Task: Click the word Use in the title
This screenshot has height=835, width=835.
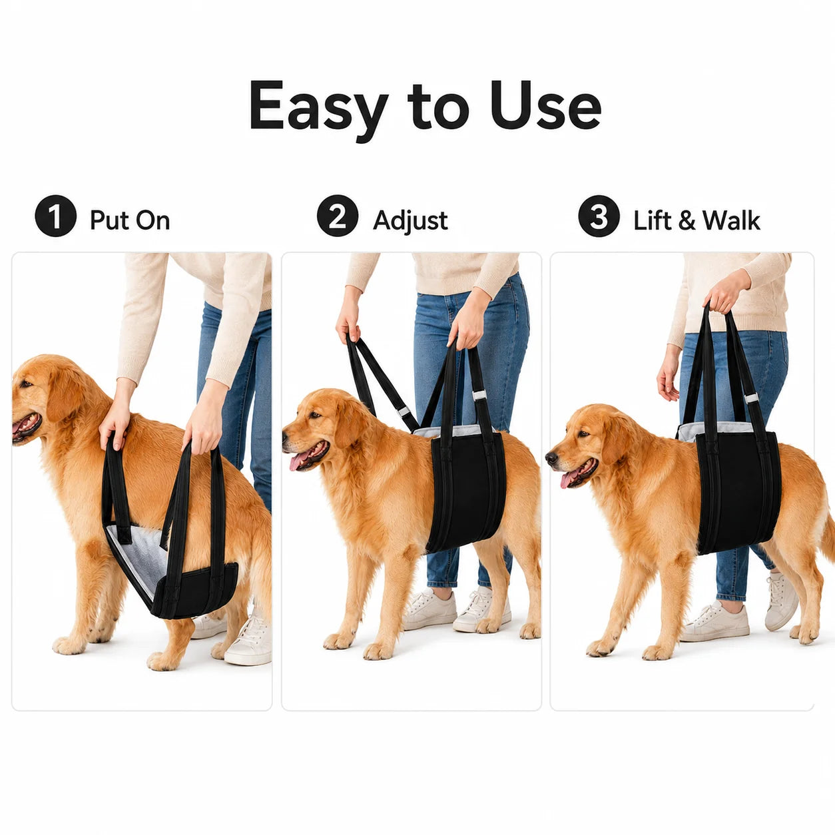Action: point(547,105)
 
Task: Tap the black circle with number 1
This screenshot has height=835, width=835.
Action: point(55,216)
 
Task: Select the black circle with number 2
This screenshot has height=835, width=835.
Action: point(338,216)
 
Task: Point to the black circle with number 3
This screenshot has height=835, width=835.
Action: point(599,216)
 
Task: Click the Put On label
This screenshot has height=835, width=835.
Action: point(130,220)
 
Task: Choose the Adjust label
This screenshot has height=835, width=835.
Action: point(410,220)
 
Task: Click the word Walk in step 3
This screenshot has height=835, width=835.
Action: point(731,220)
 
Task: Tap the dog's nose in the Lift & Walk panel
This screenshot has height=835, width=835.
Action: point(551,457)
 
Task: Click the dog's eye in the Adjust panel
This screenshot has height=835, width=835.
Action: point(314,415)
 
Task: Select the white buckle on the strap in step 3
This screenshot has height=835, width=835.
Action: point(751,398)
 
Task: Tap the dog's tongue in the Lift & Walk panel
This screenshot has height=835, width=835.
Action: point(569,479)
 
